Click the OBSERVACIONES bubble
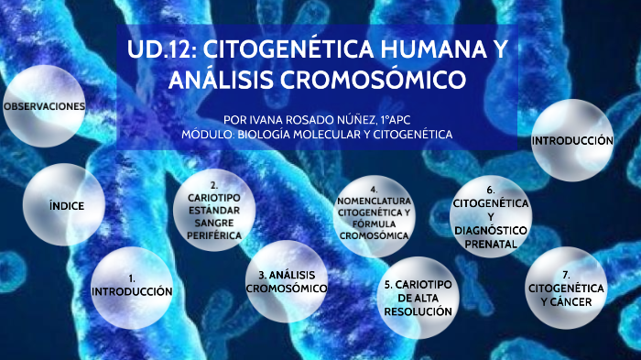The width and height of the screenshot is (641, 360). [44, 106]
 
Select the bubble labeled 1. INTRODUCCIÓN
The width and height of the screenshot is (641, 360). [133, 284]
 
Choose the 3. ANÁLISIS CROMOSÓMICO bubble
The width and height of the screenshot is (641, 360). [287, 282]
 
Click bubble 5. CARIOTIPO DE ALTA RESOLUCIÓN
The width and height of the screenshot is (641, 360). [418, 298]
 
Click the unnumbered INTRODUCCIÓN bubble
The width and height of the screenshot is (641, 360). [572, 141]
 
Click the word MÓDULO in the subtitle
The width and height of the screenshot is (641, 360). [210, 134]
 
